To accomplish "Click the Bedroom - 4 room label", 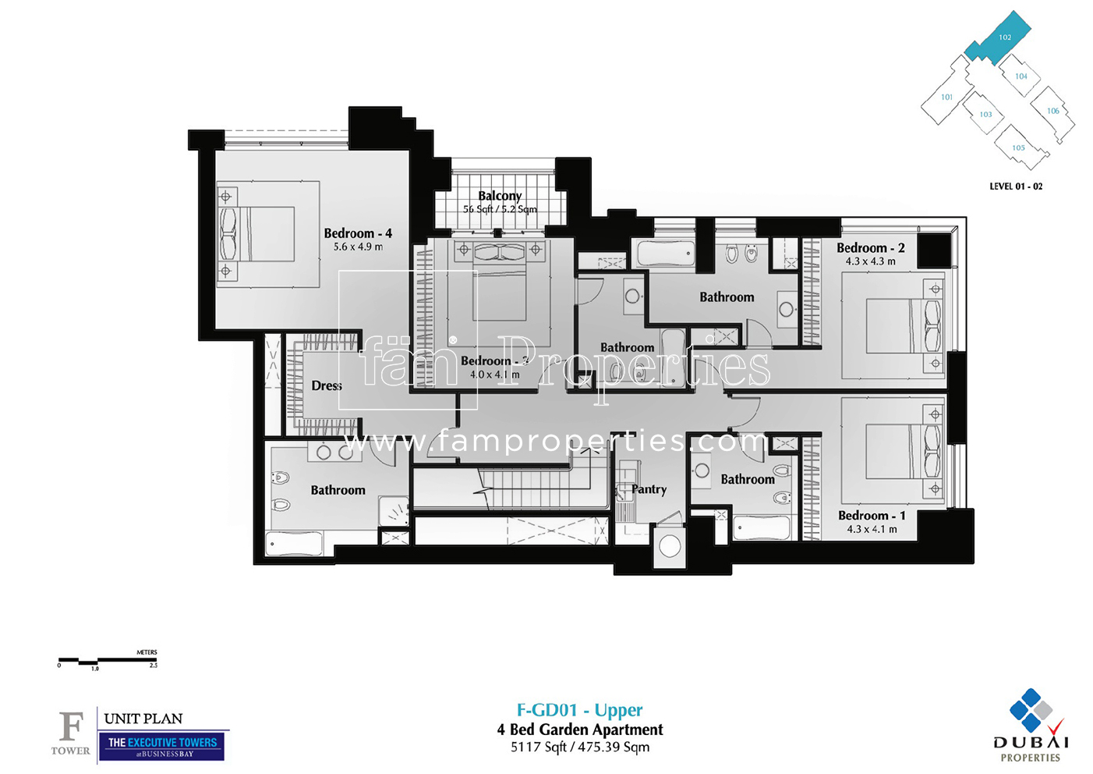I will (x=358, y=233).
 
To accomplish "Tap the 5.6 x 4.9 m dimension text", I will (x=358, y=247).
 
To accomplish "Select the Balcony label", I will (x=500, y=196).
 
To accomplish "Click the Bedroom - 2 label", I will (x=870, y=248).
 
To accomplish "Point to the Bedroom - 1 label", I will (x=872, y=516).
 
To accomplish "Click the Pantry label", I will (x=649, y=489).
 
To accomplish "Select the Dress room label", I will (x=327, y=385).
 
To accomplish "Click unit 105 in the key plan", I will (x=1018, y=148).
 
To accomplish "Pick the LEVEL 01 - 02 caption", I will (x=1015, y=186).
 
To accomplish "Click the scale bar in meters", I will (x=108, y=661).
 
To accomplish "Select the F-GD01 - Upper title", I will (x=579, y=710).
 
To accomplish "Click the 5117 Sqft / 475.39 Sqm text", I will (x=579, y=747).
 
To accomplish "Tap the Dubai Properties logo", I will (x=1031, y=725).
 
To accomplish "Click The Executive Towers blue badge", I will (x=161, y=746).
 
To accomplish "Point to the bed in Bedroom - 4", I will (x=257, y=234).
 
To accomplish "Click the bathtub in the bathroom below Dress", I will (x=294, y=543).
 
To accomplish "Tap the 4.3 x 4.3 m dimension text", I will (x=870, y=262).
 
